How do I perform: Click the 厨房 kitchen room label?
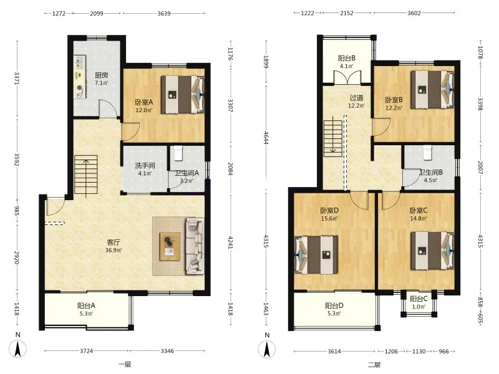point(102,79)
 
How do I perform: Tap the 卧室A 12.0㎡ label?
point(144,106)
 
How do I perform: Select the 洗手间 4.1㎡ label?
point(145,169)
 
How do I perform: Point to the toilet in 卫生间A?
point(178,153)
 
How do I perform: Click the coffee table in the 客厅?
point(170,246)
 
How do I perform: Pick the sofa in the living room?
point(195,246)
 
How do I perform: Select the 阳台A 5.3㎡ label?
point(86,309)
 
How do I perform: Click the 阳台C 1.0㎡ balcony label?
point(419,302)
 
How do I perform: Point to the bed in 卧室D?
point(316,254)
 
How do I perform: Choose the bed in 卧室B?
point(432,90)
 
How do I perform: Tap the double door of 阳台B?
point(347,78)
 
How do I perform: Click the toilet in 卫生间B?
point(427,153)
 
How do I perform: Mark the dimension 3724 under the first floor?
point(86,351)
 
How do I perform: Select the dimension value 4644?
point(266,138)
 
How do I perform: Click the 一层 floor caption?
point(124,365)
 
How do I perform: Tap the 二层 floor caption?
point(374,365)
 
